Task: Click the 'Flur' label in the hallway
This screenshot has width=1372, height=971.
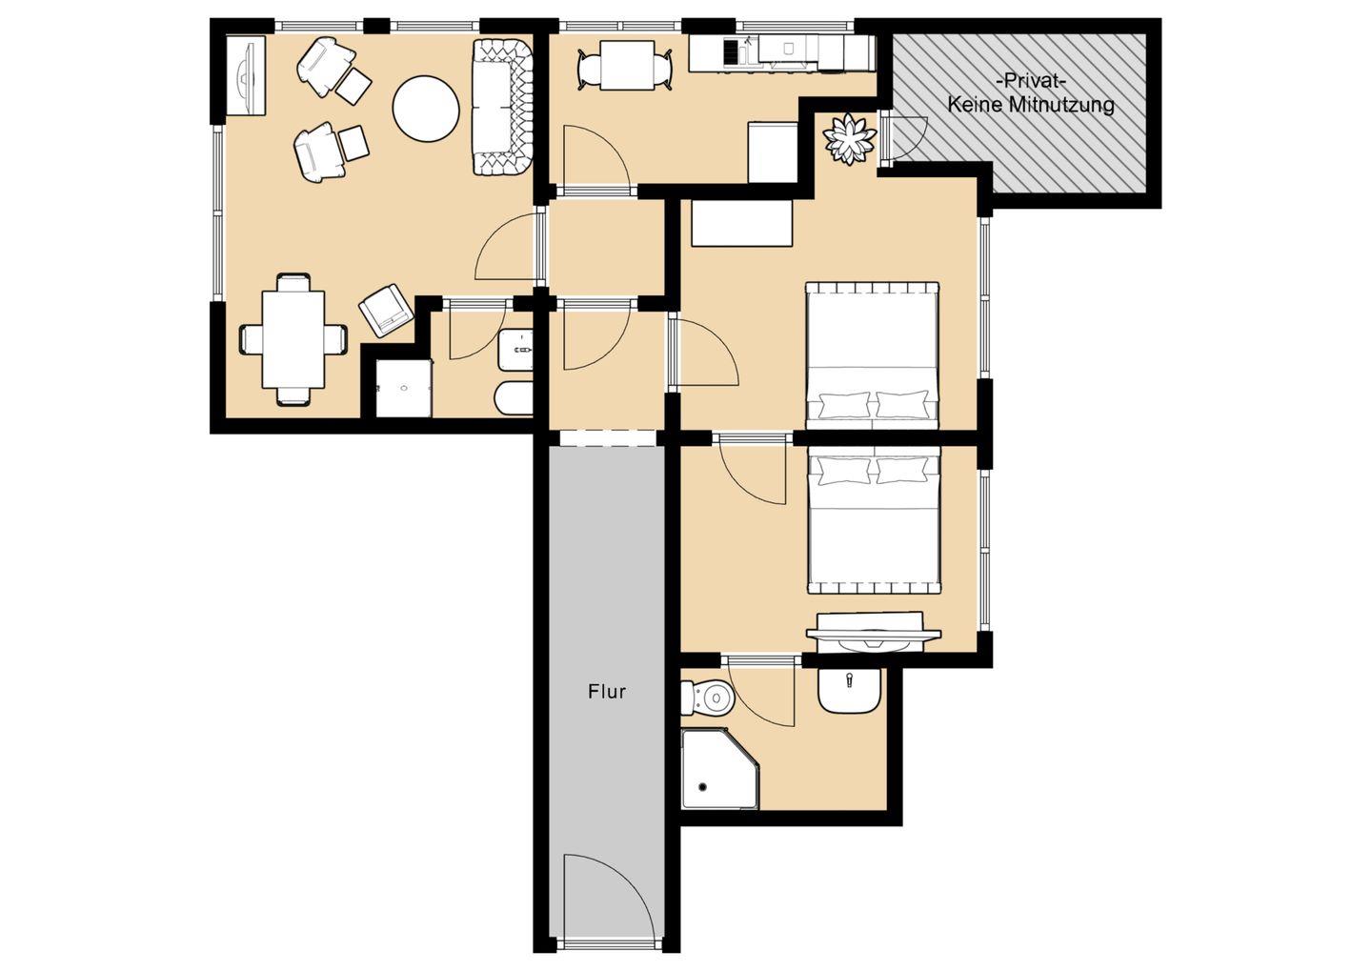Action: click(x=606, y=692)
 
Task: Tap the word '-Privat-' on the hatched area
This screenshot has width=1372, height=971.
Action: click(x=1032, y=82)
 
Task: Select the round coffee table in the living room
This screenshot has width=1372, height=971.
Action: click(x=426, y=108)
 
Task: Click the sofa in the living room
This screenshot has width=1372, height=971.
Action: click(x=502, y=108)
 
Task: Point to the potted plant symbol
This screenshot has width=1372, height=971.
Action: click(x=849, y=140)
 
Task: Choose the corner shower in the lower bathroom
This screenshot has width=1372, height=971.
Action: click(x=720, y=769)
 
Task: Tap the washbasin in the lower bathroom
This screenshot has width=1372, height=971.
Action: click(x=849, y=690)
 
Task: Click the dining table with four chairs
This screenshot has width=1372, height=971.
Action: click(x=293, y=339)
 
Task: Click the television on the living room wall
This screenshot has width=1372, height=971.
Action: click(x=246, y=74)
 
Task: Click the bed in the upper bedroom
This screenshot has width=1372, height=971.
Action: click(x=872, y=355)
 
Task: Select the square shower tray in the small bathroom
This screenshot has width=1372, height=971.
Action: click(x=404, y=389)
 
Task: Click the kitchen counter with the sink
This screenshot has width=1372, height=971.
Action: click(x=781, y=52)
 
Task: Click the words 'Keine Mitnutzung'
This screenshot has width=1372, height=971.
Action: click(x=1032, y=105)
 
